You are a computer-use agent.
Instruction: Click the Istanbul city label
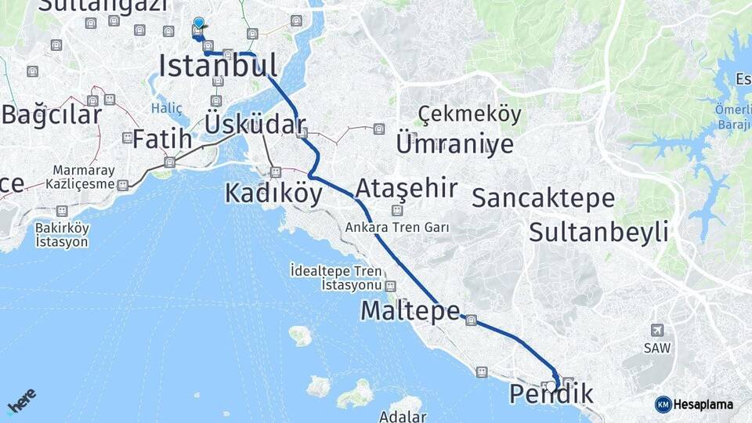pos(218,66)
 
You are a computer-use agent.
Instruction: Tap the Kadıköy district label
pos(273,193)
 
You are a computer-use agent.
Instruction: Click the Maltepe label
pos(410,311)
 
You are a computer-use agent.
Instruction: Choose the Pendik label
pos(551,394)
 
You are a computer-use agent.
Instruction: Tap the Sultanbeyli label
pos(598,232)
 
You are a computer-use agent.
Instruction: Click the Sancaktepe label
pos(543,198)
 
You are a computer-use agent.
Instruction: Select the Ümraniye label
pos(454,144)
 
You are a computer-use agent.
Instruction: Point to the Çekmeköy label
pos(469,115)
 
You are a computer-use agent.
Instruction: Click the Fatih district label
pos(161,139)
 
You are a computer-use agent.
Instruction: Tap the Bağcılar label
pos(52,115)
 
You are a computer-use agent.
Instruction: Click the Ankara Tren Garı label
pos(398,227)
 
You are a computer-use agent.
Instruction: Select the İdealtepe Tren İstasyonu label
pos(347,278)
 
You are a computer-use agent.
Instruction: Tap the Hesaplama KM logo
pos(694,404)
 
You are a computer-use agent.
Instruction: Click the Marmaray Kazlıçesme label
pos(84,178)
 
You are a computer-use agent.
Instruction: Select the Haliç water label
pos(166,109)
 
